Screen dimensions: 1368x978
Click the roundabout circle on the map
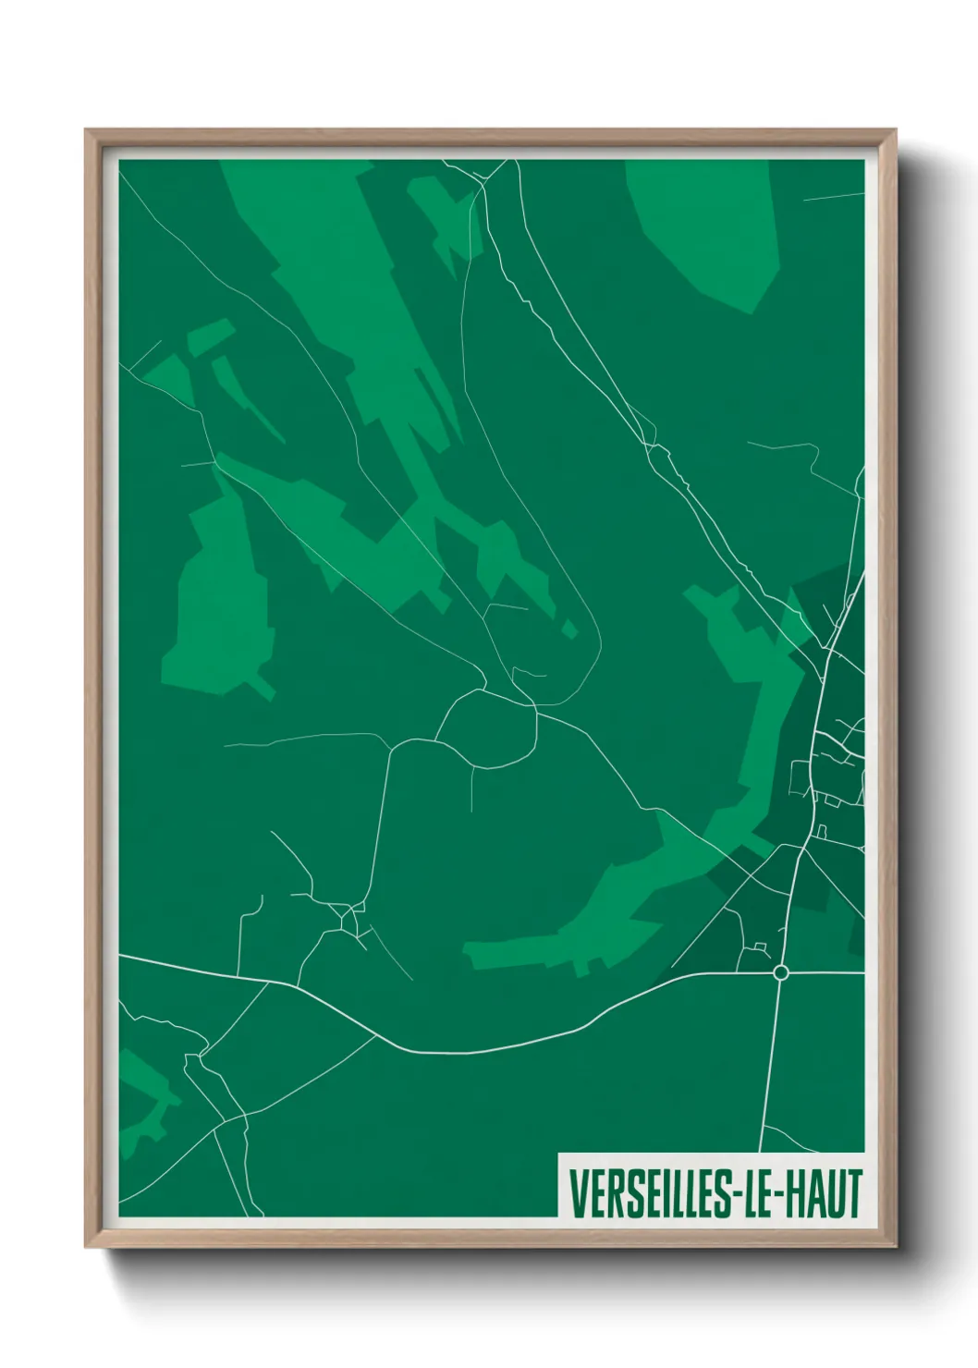click(780, 972)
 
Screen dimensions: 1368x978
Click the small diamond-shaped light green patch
click(569, 629)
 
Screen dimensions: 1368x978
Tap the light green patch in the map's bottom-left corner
click(143, 1100)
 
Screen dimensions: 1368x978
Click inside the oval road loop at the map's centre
click(488, 730)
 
